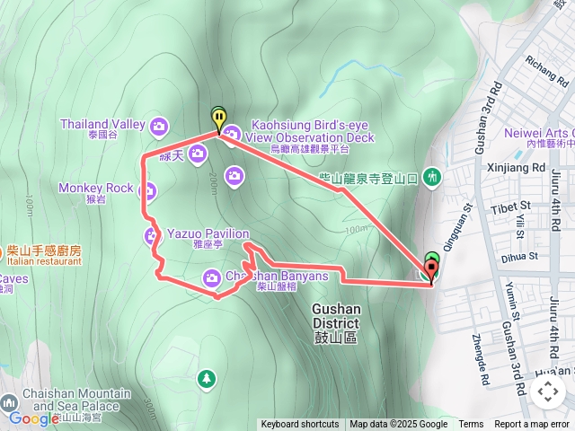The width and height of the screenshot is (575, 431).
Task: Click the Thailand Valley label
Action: [102, 124]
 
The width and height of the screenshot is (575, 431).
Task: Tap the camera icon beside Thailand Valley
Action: [160, 124]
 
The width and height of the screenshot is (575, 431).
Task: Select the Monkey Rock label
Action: [95, 189]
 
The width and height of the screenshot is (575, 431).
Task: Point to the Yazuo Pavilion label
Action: [208, 233]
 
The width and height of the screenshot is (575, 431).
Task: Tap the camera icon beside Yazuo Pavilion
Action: [151, 235]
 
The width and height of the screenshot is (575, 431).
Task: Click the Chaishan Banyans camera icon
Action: [212, 276]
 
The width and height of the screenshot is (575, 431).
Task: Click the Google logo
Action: [32, 418]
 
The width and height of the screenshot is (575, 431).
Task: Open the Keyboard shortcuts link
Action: [300, 425]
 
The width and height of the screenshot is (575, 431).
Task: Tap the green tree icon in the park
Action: [208, 378]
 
